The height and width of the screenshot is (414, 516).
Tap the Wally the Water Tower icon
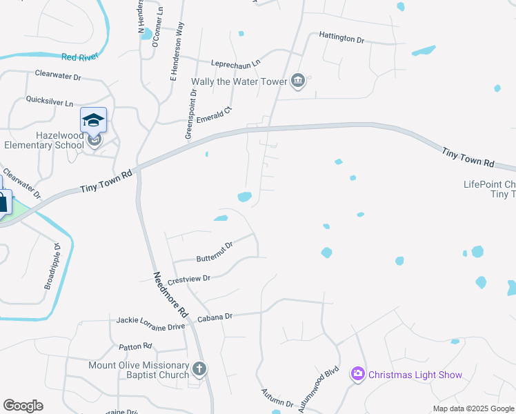pyautogui.click(x=298, y=81)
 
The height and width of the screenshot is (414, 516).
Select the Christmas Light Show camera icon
pyautogui.click(x=357, y=374)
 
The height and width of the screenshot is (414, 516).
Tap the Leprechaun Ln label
pyautogui.click(x=236, y=62)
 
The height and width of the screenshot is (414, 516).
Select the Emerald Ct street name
pyautogui.click(x=215, y=112)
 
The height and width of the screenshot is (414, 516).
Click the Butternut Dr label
pyautogui.click(x=215, y=250)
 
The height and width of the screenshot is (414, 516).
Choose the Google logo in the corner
pyautogui.click(x=23, y=406)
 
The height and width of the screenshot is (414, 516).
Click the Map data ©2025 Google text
pyautogui.click(x=473, y=409)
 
